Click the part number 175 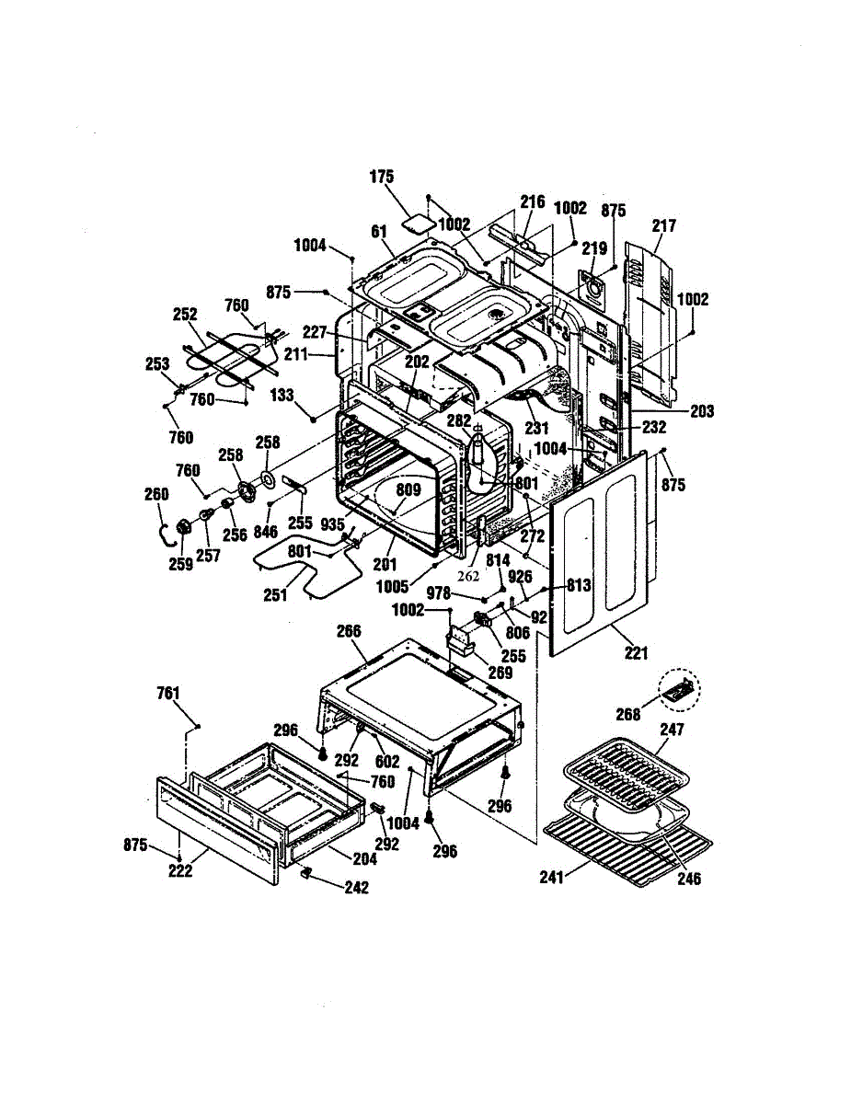coord(382,177)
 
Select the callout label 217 coord(664,225)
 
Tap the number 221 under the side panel coord(636,652)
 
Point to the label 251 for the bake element coord(275,595)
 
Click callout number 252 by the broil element coord(185,314)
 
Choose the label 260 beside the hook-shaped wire coord(156,494)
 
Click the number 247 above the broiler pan coord(672,730)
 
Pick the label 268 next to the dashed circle coord(628,715)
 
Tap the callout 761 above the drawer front coord(168,694)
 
